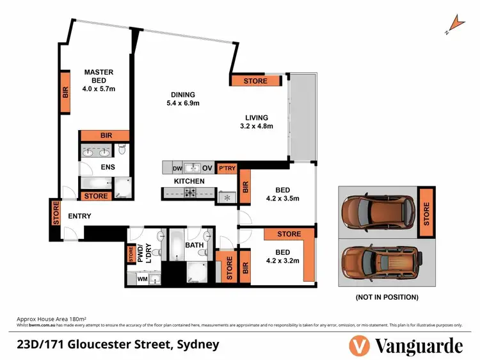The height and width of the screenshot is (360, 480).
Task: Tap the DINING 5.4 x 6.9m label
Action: click(x=180, y=99)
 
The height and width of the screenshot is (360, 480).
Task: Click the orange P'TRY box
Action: click(x=227, y=168)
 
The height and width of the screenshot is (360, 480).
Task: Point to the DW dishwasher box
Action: click(x=178, y=168)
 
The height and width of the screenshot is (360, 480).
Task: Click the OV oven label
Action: click(x=207, y=168)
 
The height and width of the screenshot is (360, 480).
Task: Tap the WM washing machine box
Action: click(x=141, y=278)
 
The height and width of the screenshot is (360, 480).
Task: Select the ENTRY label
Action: click(x=79, y=217)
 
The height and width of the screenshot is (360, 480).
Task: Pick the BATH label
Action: click(x=195, y=245)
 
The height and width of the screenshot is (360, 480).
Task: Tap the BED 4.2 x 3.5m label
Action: click(x=283, y=194)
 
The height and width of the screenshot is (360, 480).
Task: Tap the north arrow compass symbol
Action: click(x=456, y=24)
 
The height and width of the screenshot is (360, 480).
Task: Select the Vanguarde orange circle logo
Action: click(x=360, y=346)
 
